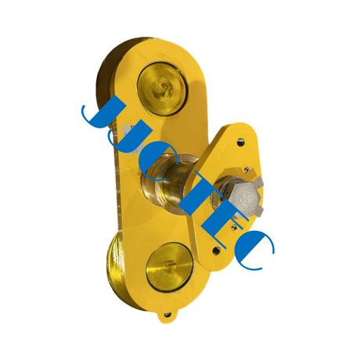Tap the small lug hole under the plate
167,317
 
